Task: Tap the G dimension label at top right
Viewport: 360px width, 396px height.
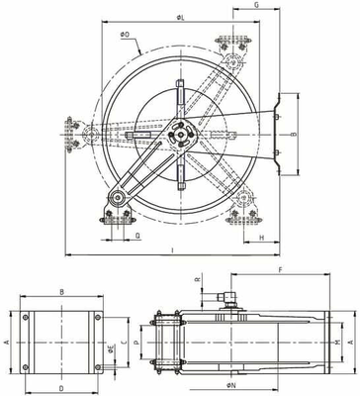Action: point(257,6)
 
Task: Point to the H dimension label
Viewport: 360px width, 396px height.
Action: point(261,239)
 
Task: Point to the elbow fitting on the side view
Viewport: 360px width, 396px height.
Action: point(229,296)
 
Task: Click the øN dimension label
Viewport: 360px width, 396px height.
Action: point(228,384)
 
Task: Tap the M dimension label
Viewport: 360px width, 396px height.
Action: point(337,342)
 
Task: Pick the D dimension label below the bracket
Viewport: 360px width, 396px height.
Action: point(61,388)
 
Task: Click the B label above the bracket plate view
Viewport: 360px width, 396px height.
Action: point(61,292)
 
